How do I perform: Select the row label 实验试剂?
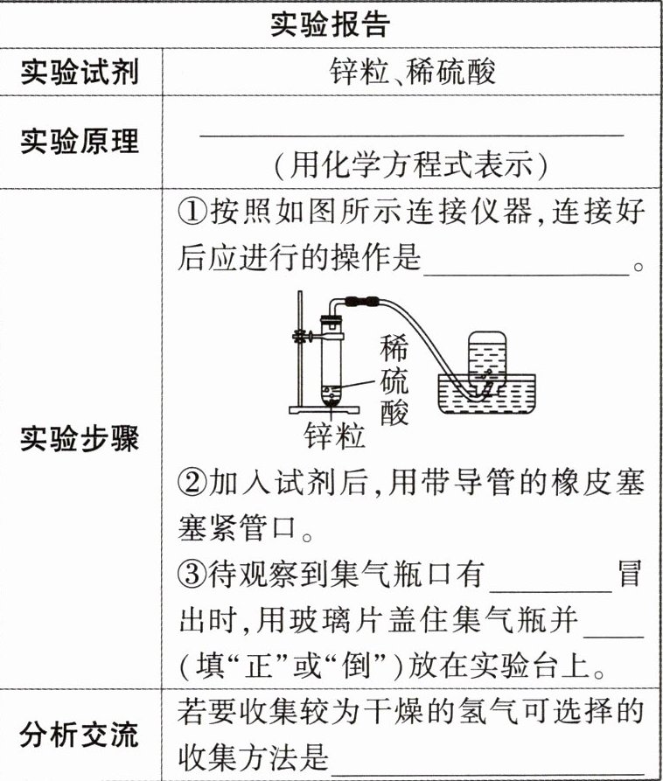point(80,73)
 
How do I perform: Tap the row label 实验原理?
point(80,141)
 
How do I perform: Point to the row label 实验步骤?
point(80,440)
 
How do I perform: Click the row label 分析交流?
point(80,735)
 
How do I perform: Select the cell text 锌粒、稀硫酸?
point(412,72)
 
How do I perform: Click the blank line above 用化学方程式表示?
point(412,133)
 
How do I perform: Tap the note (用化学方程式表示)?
point(412,164)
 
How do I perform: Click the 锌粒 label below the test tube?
point(334,435)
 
